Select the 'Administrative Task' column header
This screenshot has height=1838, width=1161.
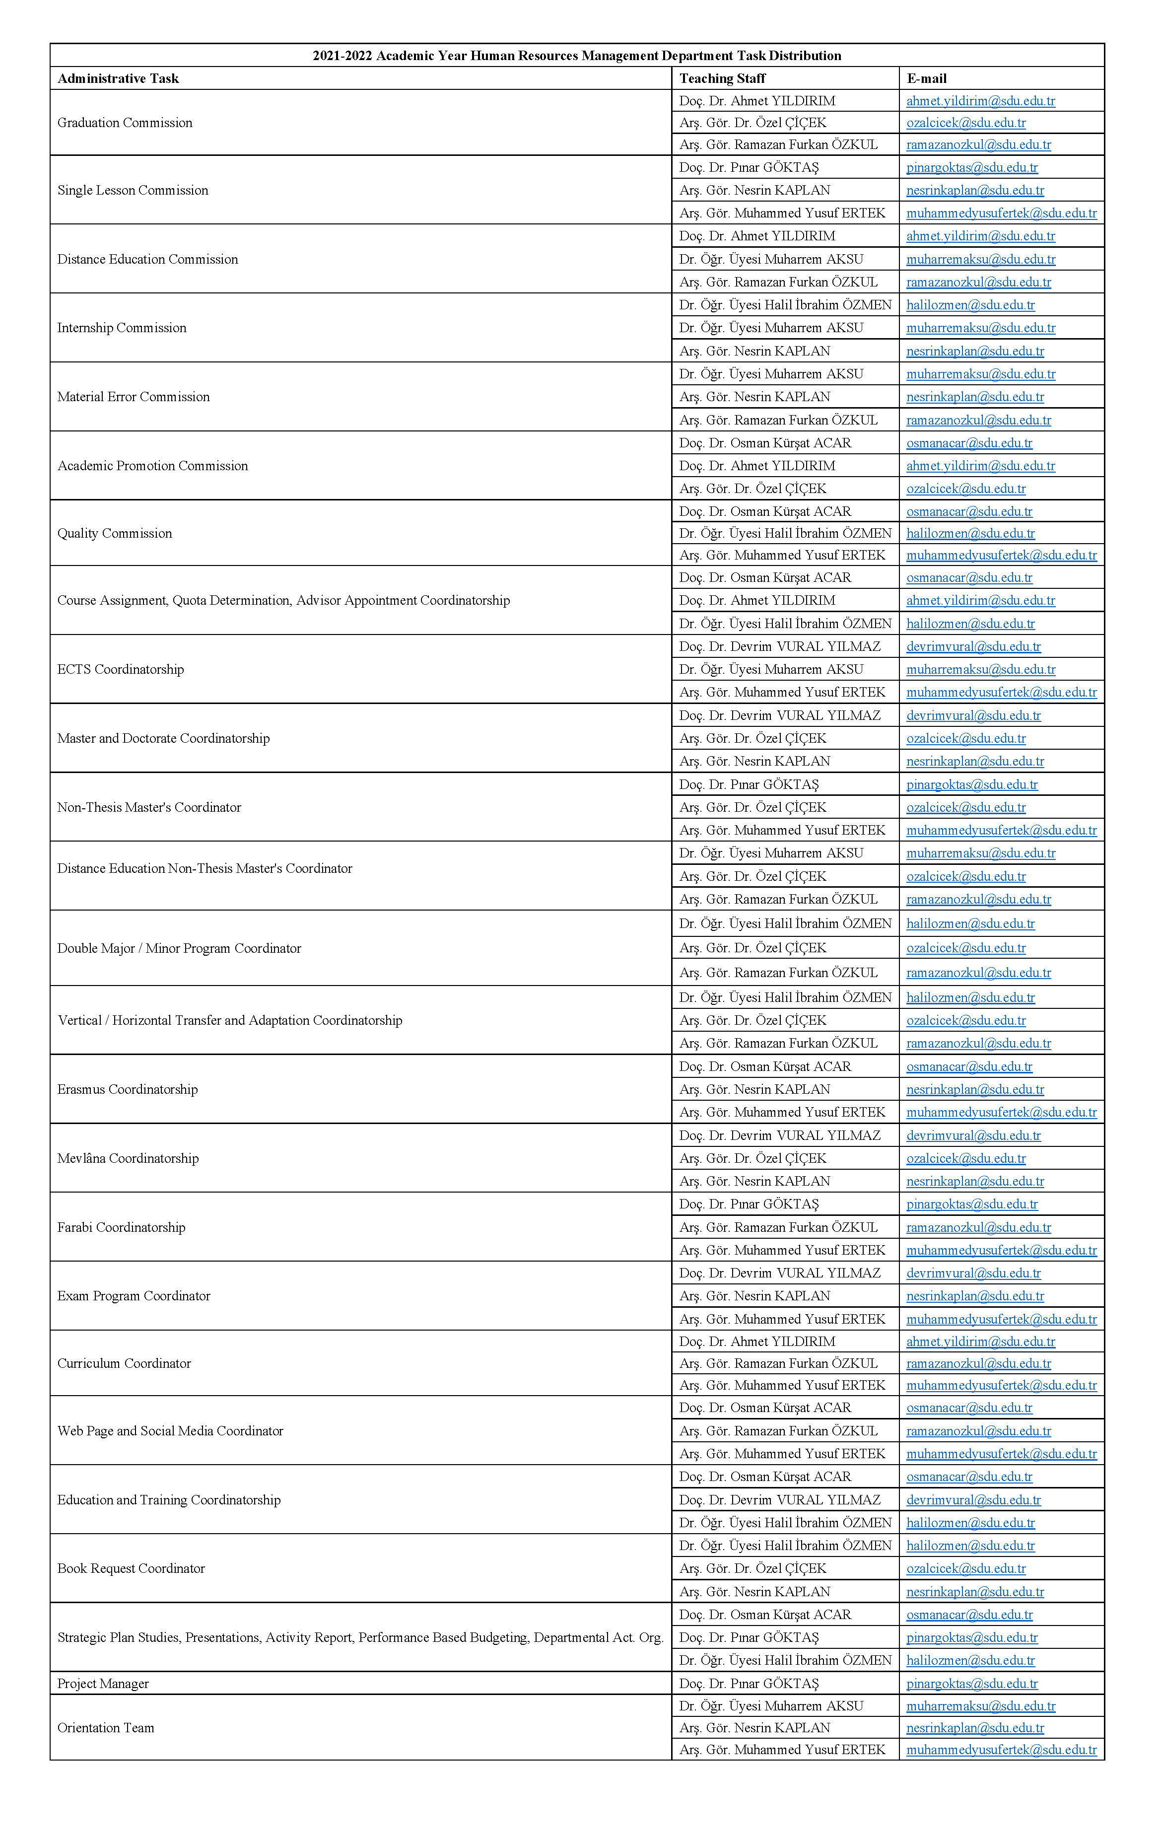coord(118,78)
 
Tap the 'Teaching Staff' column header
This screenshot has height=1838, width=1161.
coord(722,78)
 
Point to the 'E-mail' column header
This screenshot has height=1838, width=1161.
coord(927,78)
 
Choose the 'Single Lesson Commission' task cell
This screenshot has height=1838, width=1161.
coord(133,190)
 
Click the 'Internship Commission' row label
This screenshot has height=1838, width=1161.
coord(122,328)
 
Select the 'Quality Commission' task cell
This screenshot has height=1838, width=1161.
coord(115,533)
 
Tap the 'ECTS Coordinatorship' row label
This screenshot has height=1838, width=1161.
coord(121,669)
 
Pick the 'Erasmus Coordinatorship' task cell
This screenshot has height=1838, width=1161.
coord(128,1089)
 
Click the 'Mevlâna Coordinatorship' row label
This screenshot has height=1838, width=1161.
coord(128,1158)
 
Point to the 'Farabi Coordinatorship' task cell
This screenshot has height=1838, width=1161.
coord(122,1227)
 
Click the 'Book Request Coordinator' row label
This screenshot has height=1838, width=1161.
coord(132,1568)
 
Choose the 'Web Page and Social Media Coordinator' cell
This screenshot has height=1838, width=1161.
coord(170,1430)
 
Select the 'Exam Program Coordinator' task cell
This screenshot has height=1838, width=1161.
coord(134,1295)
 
